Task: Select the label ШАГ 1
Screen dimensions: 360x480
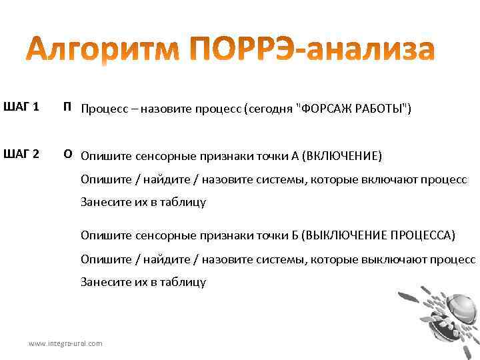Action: point(21,107)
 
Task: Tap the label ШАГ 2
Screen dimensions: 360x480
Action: point(21,155)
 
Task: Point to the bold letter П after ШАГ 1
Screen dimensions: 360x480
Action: point(67,107)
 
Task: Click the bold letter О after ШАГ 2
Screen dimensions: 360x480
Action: point(67,155)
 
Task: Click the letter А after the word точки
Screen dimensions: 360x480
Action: point(295,157)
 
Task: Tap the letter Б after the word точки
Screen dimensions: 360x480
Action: point(295,236)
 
